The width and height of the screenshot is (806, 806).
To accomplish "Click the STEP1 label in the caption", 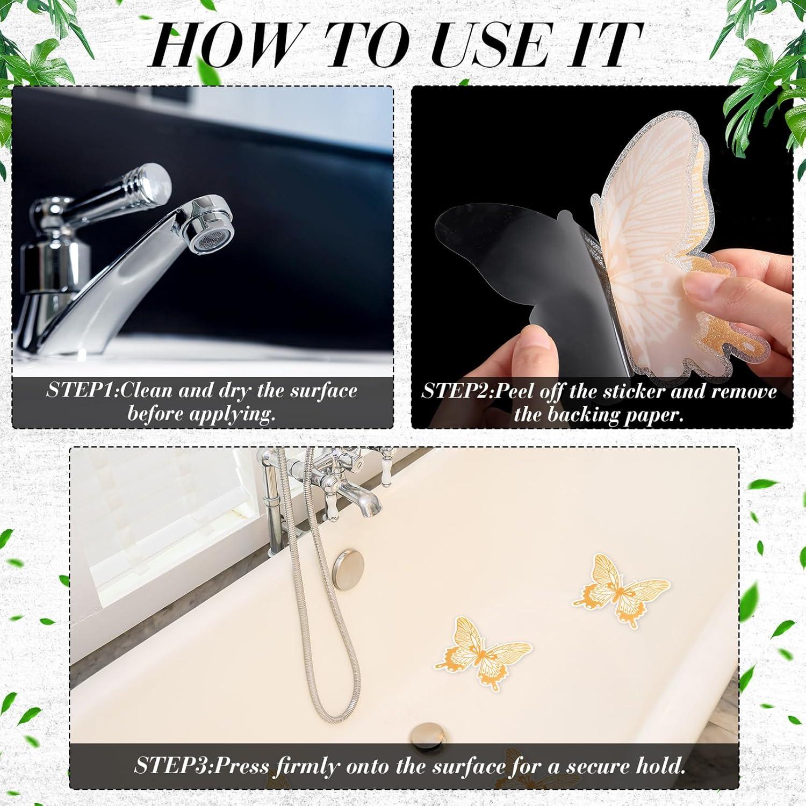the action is coord(82,391).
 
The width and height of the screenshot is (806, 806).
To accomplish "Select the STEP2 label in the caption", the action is coord(457,391).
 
